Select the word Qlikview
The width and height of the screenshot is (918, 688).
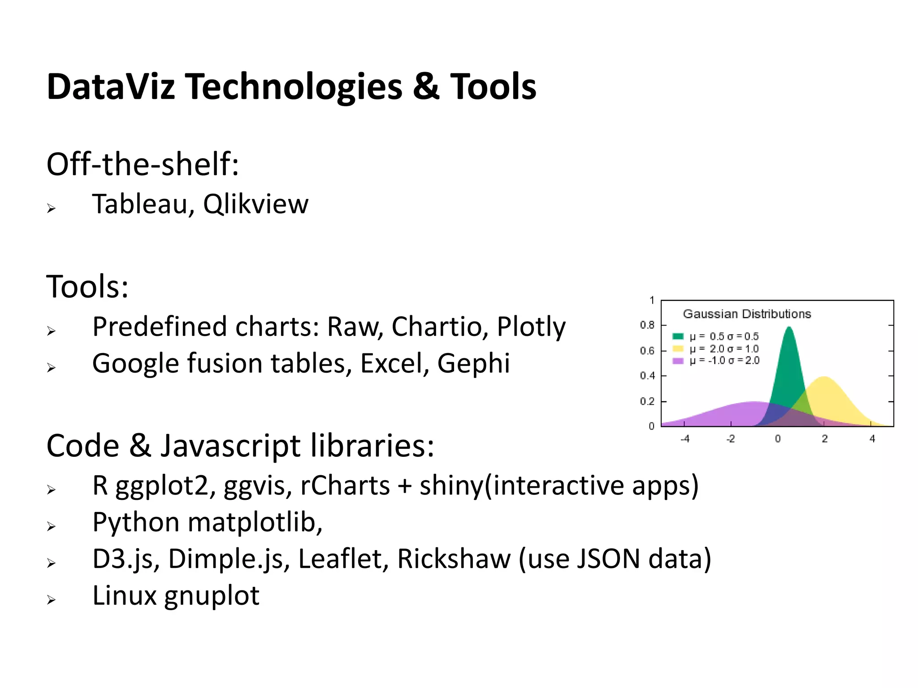pyautogui.click(x=255, y=204)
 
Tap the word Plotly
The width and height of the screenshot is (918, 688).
pyautogui.click(x=531, y=327)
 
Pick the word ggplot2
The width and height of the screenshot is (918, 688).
pyautogui.click(x=162, y=486)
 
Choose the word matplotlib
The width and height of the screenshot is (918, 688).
pyautogui.click(x=255, y=523)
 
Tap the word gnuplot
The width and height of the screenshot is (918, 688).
pyautogui.click(x=212, y=596)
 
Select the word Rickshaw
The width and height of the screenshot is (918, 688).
pyautogui.click(x=454, y=559)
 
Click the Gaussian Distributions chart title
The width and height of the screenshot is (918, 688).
pyautogui.click(x=747, y=314)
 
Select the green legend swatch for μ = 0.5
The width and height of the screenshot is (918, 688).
pyautogui.click(x=678, y=336)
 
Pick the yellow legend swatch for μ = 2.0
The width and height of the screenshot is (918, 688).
pyautogui.click(x=678, y=348)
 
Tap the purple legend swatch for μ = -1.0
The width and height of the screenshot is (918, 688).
pyautogui.click(x=678, y=361)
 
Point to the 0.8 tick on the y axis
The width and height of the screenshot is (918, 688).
pyautogui.click(x=647, y=325)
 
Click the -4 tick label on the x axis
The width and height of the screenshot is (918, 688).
pyautogui.click(x=684, y=439)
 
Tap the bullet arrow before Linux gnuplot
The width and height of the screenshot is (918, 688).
pyautogui.click(x=52, y=600)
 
